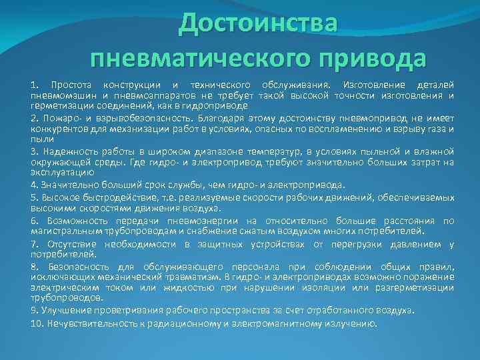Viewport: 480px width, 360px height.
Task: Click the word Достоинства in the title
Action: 259,23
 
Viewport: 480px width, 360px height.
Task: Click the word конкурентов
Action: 59,128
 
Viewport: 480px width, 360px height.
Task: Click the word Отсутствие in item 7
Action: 67,244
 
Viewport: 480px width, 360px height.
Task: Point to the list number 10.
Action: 37,323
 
